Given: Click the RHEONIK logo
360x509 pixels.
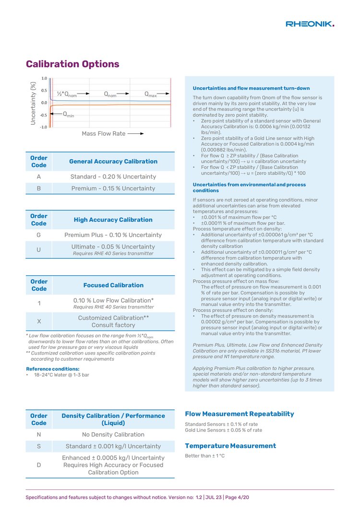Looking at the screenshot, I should pyautogui.click(x=310, y=24).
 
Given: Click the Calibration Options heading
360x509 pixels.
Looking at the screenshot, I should pyautogui.click(x=72, y=64).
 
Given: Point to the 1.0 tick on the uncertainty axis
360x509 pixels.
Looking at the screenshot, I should pyautogui.click(x=44, y=78).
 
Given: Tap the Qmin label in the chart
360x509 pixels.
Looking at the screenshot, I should pyautogui.click(x=69, y=115).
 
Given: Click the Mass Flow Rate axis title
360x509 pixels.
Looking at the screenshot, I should pyautogui.click(x=103, y=133).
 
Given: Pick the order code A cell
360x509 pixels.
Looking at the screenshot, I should pyautogui.click(x=38, y=177).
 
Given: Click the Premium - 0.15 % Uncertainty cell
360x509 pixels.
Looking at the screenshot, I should pyautogui.click(x=113, y=189).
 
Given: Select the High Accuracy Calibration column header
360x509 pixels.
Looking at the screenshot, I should pyautogui.click(x=113, y=220).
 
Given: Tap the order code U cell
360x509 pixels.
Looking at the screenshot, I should pyautogui.click(x=38, y=249).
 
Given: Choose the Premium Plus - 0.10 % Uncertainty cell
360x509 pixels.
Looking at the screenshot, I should pyautogui.click(x=113, y=235).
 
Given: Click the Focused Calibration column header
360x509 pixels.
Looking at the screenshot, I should pyautogui.click(x=113, y=285).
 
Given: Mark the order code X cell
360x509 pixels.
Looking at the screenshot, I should pyautogui.click(x=38, y=321).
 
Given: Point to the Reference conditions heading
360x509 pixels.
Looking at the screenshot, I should pyautogui.click(x=53, y=369).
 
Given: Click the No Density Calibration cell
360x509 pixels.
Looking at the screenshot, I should pyautogui.click(x=113, y=435).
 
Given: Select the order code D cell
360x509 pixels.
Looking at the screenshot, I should pyautogui.click(x=38, y=465).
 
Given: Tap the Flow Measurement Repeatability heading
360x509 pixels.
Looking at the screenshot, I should pyautogui.click(x=239, y=414).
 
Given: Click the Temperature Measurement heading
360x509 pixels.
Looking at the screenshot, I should pyautogui.click(x=230, y=446).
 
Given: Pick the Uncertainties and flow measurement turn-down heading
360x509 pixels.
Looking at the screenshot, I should pyautogui.click(x=251, y=88).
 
